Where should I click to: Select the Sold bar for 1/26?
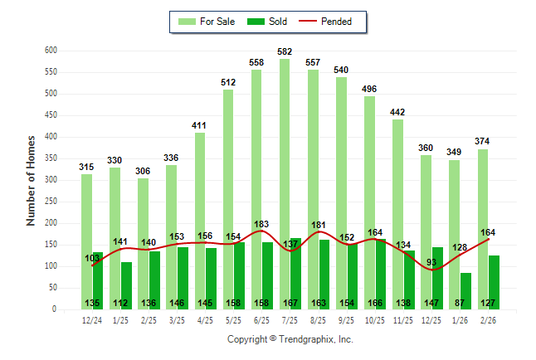tap(466, 286)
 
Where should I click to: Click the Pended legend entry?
tap(330, 22)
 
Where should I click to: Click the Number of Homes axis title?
tap(32, 180)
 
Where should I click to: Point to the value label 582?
tap(285, 52)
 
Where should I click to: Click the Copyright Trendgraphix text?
tap(290, 339)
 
